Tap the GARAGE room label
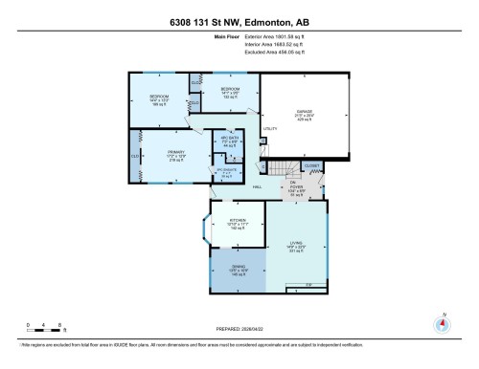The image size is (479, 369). pyautogui.click(x=306, y=113)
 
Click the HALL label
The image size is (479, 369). pyautogui.click(x=258, y=187)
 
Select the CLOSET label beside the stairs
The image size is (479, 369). pyautogui.click(x=311, y=165)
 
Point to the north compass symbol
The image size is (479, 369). pyautogui.click(x=442, y=321)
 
